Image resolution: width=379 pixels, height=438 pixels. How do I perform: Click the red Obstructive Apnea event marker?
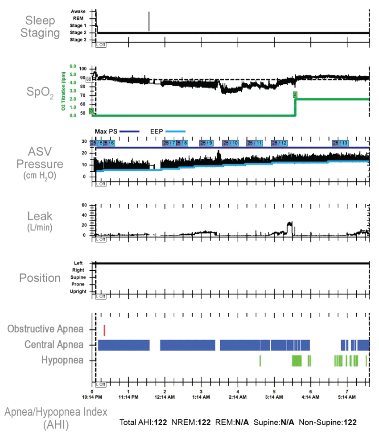pyautogui.click(x=104, y=330)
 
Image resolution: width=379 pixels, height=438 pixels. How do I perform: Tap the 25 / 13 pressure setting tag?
pyautogui.click(x=340, y=143)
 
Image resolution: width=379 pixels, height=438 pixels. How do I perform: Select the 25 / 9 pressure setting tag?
pyautogui.click(x=206, y=143)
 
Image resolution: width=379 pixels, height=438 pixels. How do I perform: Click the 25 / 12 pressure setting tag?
pyautogui.click(x=280, y=143)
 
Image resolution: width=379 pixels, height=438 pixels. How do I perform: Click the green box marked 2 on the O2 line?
pyautogui.click(x=295, y=94)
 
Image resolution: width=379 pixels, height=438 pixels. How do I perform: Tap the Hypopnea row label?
pyautogui.click(x=62, y=359)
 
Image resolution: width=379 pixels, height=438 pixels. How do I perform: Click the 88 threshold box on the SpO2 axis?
pyautogui.click(x=89, y=79)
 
